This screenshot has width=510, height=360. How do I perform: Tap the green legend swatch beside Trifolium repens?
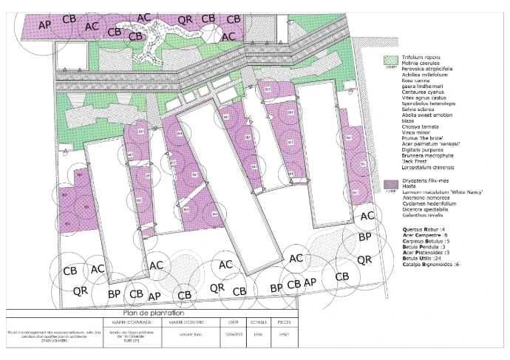pos(388,59)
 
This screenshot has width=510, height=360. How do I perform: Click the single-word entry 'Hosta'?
pos(409,187)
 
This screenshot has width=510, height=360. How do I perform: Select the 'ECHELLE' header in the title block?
pos(259,322)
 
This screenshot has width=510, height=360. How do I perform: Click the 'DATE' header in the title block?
pos(234,322)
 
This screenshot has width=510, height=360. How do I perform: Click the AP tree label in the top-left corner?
pos(44,24)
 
